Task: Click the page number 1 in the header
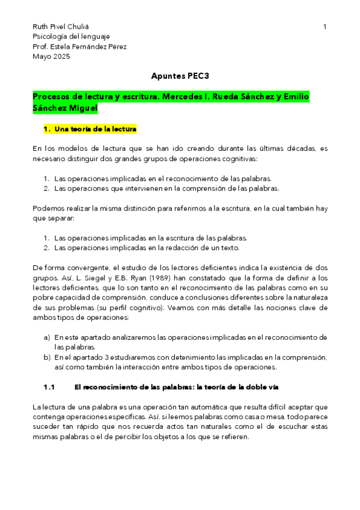tap(325, 27)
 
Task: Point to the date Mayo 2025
tap(51, 57)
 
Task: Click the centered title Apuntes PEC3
tap(180, 76)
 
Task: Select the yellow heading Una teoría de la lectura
tap(96, 129)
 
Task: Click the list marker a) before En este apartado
tap(47, 337)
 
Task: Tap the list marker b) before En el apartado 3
tap(47, 357)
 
